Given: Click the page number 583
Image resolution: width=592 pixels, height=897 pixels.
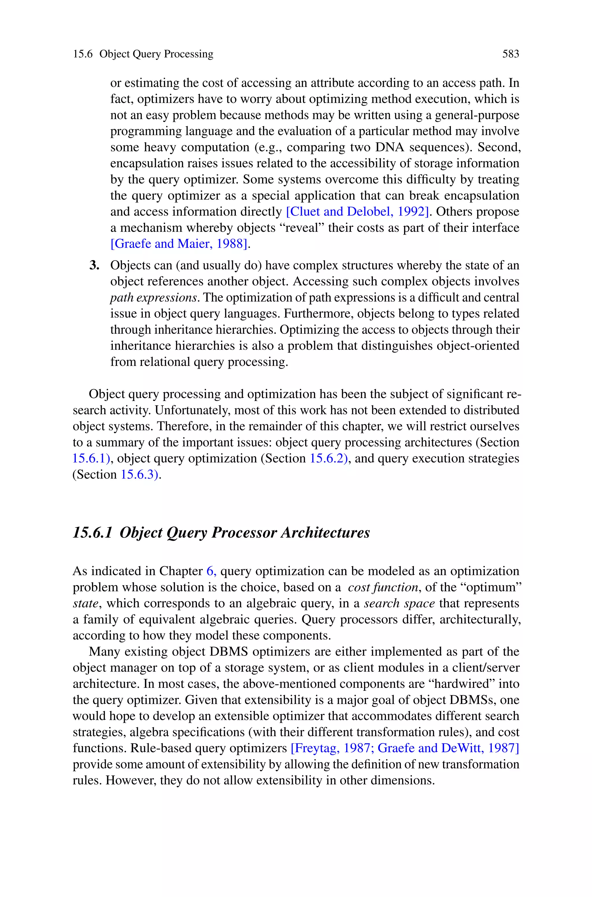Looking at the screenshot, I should coord(510,54).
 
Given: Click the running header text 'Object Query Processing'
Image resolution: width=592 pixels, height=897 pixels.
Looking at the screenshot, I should coord(156,54).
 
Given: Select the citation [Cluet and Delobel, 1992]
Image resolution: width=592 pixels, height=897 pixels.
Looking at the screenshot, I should coord(358,212).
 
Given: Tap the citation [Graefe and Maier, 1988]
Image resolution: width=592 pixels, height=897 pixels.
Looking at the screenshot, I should coord(180,244).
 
